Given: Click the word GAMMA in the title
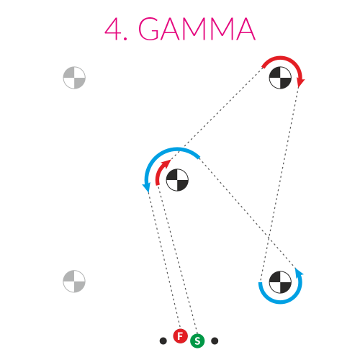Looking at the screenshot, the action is tap(197, 29).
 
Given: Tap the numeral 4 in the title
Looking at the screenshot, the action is tap(114, 29).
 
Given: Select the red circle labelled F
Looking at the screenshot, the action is tap(180, 336).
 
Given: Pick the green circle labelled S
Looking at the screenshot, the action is tap(197, 341).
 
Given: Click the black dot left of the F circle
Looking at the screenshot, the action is tap(163, 341).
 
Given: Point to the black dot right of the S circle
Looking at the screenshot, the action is tap(215, 341).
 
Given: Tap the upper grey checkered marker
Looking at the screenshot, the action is tap(74, 78).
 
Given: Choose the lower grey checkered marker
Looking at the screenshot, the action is tap(74, 282).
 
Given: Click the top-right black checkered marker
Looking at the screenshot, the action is tap(280, 78).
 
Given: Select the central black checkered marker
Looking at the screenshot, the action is tap(177, 180).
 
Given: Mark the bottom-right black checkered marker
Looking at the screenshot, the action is tap(280, 282).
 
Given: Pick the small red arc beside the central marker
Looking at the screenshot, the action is tap(159, 170).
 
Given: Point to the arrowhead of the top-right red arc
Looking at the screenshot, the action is tap(300, 83).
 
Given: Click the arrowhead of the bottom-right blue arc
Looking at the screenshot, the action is tap(299, 272).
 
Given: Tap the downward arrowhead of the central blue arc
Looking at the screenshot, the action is tap(146, 188).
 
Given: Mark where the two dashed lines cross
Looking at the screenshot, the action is tap(268, 238).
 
